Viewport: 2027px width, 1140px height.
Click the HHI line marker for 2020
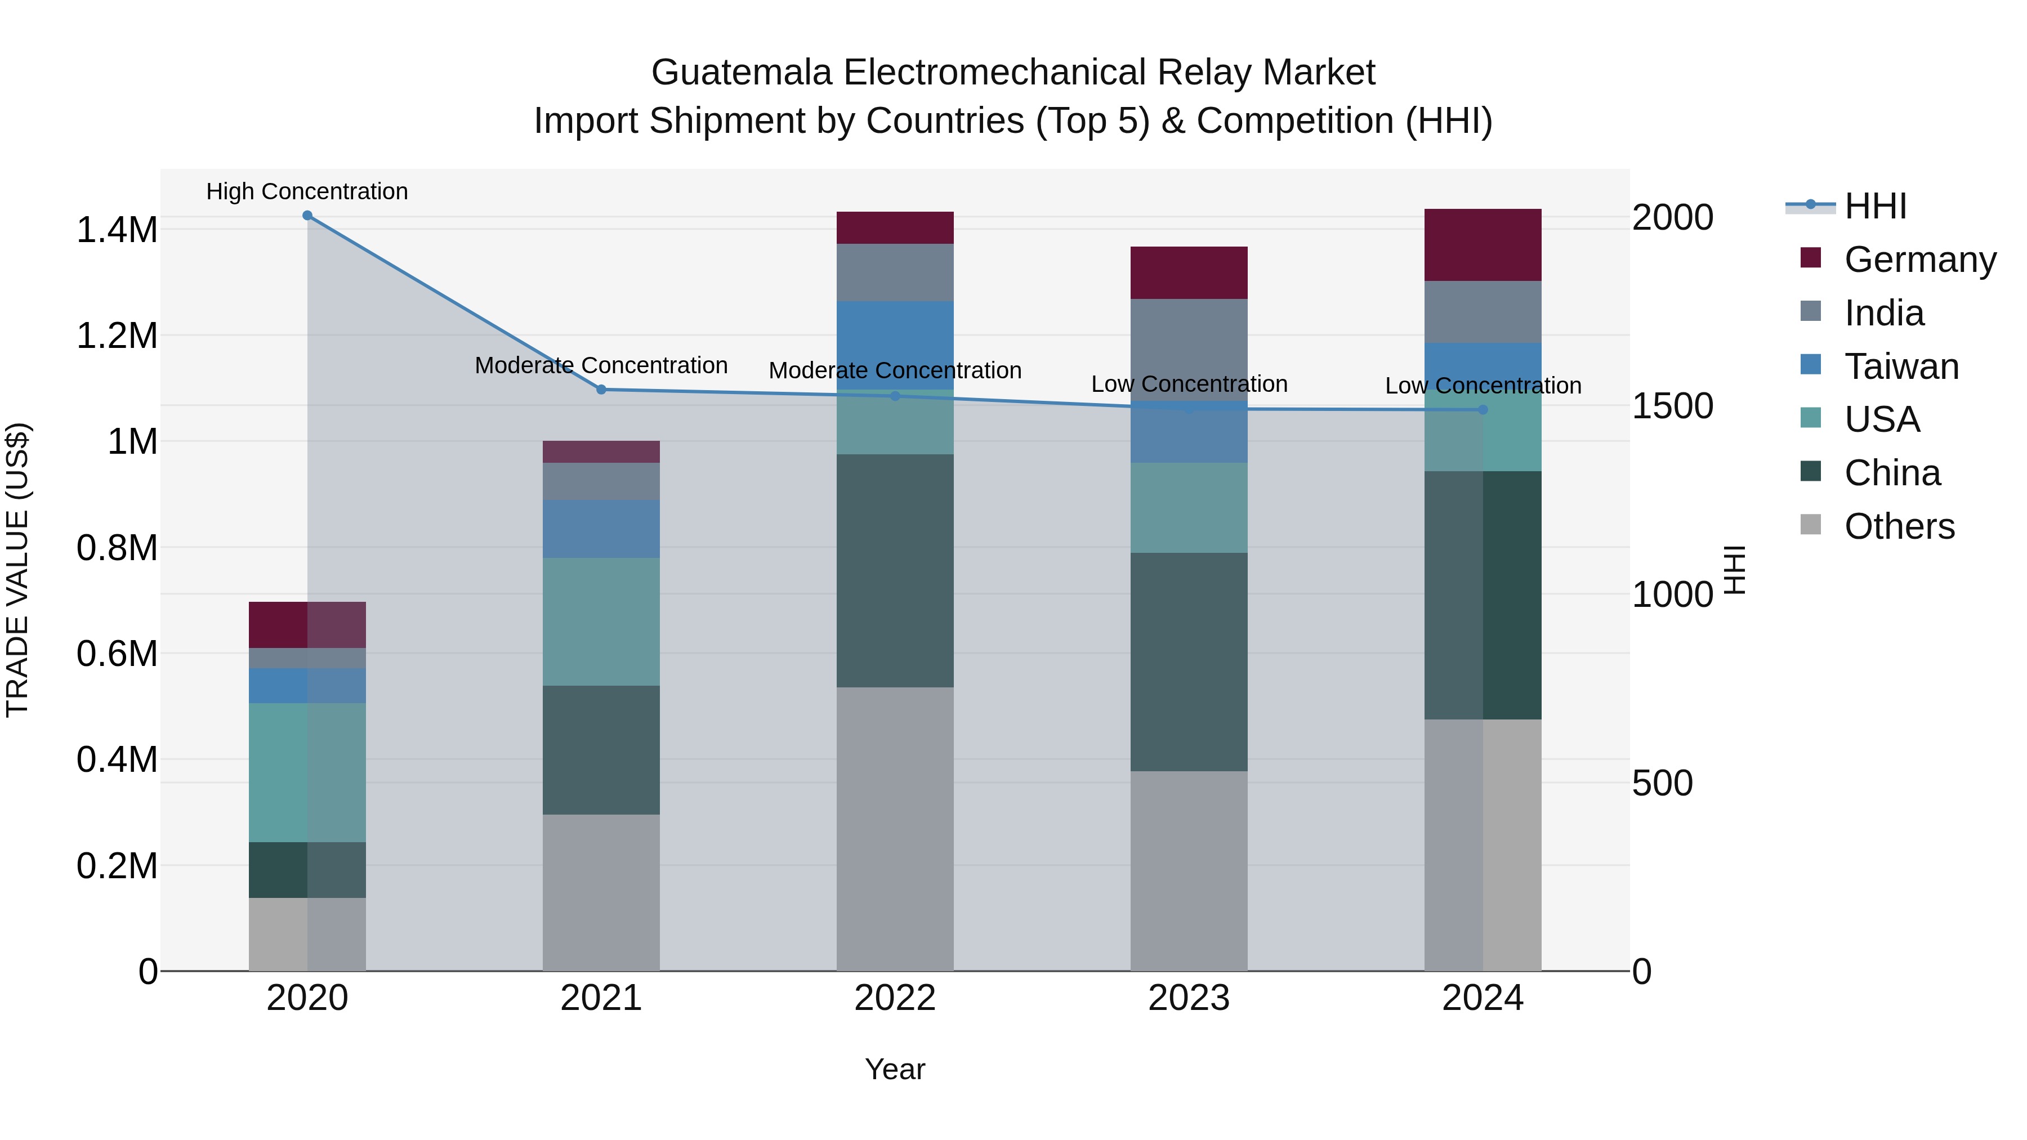(307, 216)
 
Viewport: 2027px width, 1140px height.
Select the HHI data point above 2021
(601, 390)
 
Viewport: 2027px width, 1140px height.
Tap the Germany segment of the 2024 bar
(1483, 245)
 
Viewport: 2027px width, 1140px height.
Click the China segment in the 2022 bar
(895, 570)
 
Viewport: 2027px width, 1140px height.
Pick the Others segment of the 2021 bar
(601, 892)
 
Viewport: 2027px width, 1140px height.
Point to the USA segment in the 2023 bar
(1189, 507)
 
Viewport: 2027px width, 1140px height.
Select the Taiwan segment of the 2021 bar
(601, 529)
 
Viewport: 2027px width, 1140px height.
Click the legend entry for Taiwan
(1900, 366)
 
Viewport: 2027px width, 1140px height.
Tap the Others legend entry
(1898, 526)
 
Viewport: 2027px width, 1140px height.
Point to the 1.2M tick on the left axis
(117, 336)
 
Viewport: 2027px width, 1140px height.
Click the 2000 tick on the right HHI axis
(1672, 218)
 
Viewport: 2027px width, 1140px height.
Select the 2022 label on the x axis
(895, 998)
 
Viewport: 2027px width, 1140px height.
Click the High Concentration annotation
(307, 191)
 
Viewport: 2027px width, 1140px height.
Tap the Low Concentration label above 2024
(1483, 386)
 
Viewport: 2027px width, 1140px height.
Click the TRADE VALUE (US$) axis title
(17, 570)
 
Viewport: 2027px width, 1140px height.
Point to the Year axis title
(895, 1069)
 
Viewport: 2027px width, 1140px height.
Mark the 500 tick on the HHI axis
(1662, 784)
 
